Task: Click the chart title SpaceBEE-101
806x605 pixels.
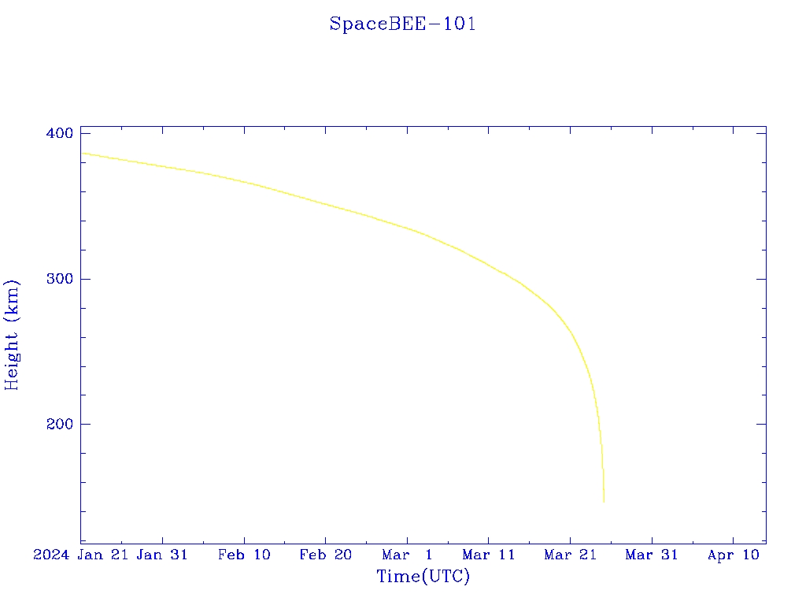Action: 402,24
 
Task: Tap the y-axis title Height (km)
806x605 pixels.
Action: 13,335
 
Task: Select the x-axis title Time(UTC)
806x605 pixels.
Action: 423,577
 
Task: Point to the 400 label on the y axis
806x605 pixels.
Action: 59,134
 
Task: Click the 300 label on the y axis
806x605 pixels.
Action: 59,279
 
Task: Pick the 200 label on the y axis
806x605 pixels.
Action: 59,425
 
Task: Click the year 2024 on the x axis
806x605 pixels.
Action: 52,555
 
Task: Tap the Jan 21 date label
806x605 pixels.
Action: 106,555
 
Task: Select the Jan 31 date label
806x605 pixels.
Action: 162,555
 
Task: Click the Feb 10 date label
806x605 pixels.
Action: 244,555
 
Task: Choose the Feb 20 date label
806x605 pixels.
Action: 326,555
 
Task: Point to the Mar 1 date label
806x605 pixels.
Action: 407,555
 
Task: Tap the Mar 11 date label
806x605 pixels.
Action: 489,555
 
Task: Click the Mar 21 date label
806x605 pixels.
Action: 570,555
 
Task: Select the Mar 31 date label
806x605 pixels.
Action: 652,555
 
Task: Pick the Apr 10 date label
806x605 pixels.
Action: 733,555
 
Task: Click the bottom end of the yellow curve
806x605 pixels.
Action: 604,502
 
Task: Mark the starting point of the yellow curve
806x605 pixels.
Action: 82,153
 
